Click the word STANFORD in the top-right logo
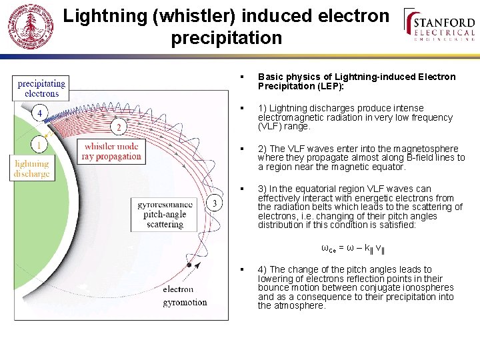[x=445, y=22]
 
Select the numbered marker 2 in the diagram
[x=119, y=127]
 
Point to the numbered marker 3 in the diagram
[x=213, y=203]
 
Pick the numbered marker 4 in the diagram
[x=39, y=113]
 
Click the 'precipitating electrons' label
[x=41, y=89]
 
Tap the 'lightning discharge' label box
[x=32, y=169]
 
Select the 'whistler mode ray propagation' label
[x=111, y=151]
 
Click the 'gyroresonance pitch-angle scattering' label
[x=165, y=215]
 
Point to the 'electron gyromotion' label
[x=184, y=295]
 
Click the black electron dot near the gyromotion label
[x=190, y=265]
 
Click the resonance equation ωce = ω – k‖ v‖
[x=353, y=249]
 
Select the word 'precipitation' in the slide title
[x=226, y=38]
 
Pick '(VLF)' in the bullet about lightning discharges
[x=269, y=126]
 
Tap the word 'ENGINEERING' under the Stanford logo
[x=445, y=39]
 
